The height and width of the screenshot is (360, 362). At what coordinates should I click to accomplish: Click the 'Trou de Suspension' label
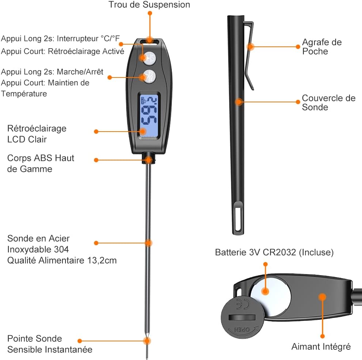click(x=149, y=5)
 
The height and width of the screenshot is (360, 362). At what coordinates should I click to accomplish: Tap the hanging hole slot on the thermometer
click(x=150, y=42)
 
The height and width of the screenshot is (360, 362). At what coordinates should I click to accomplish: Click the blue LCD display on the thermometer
click(x=149, y=115)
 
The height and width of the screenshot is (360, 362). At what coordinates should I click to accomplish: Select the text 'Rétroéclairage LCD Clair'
click(x=37, y=134)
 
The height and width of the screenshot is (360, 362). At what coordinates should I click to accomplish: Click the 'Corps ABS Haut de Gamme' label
click(x=41, y=163)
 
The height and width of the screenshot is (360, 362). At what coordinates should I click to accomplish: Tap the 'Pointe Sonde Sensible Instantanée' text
click(x=50, y=344)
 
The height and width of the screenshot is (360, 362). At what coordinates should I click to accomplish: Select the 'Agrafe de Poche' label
click(x=322, y=47)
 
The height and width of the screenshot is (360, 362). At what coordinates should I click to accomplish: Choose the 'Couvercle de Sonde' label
click(x=328, y=102)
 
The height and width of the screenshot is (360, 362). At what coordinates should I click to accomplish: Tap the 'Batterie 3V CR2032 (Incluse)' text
click(x=274, y=252)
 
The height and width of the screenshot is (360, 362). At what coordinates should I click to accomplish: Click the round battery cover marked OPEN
click(x=242, y=318)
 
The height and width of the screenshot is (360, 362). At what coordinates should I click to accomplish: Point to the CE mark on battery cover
click(x=243, y=304)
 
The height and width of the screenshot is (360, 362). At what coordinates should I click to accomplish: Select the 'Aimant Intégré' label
click(x=321, y=346)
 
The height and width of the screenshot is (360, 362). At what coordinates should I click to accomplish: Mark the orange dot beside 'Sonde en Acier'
click(x=96, y=243)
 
